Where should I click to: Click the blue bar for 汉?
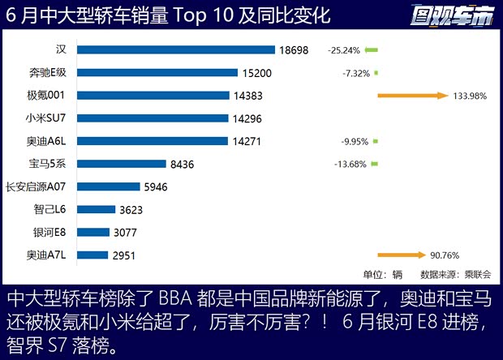pos(176,50)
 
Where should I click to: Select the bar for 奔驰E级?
pos(157,73)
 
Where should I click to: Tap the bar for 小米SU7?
pos(153,118)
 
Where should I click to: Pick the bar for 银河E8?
pos(93,233)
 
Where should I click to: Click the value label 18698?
pos(294,50)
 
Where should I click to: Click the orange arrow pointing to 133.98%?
pos(412,96)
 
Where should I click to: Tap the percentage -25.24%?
pos(344,50)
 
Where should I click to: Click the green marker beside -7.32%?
pos(376,73)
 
